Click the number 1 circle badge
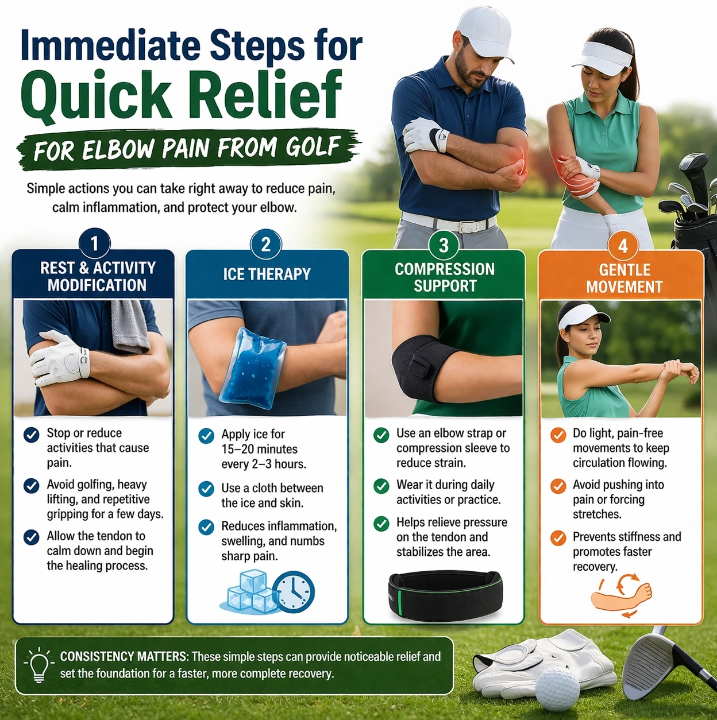[94, 243]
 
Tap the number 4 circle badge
[622, 246]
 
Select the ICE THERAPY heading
[267, 274]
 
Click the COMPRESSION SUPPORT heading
[445, 277]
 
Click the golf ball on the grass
[557, 689]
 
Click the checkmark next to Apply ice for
[206, 436]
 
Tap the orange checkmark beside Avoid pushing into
[558, 486]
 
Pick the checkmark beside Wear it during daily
[381, 486]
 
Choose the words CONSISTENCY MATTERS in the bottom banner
[124, 657]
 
